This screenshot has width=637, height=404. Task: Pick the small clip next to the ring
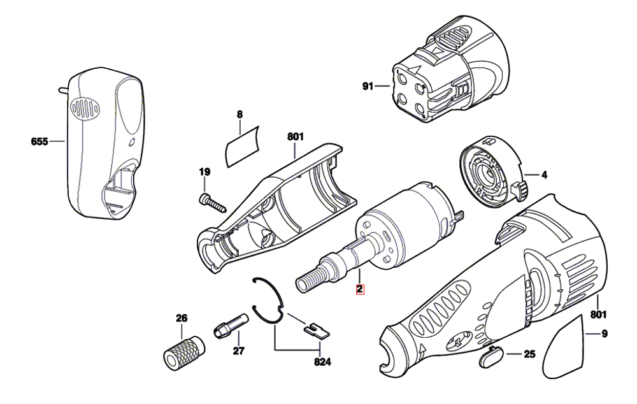[x=315, y=329]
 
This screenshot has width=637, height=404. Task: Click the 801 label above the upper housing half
[x=296, y=136]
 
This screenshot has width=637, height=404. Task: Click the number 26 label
[x=182, y=318]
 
